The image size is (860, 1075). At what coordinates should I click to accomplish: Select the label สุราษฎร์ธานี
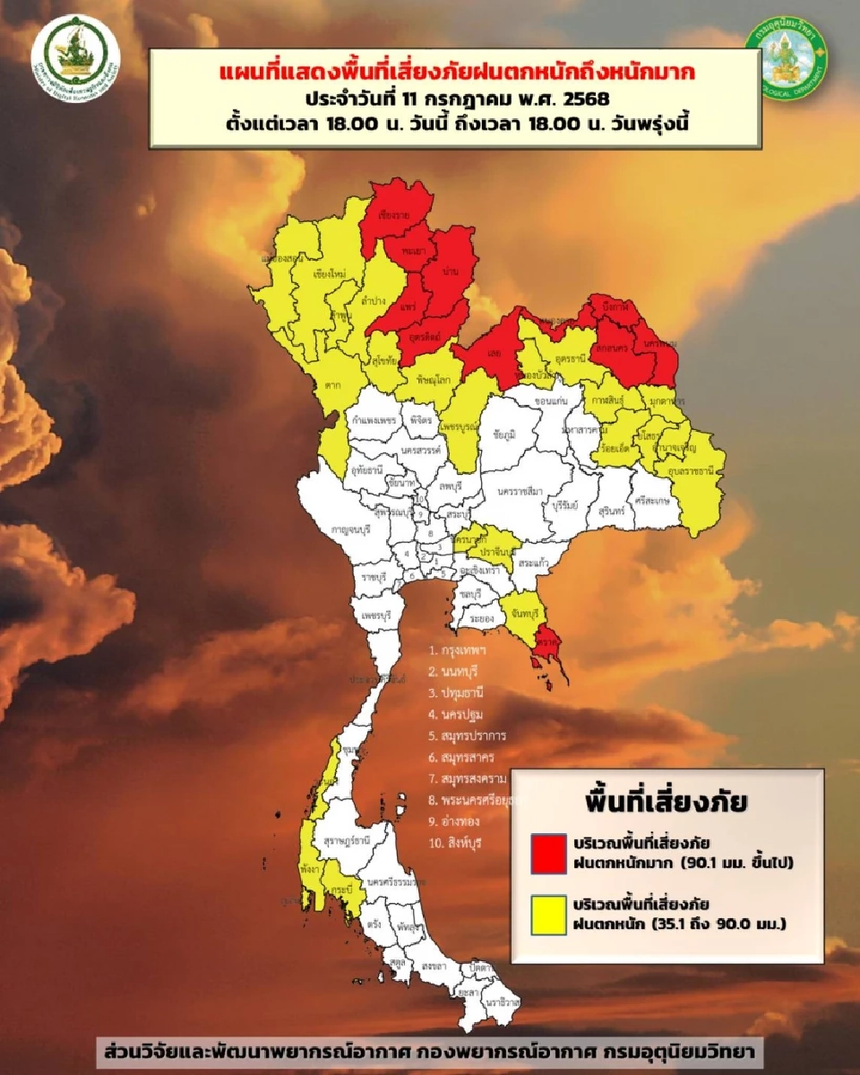[347, 841]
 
